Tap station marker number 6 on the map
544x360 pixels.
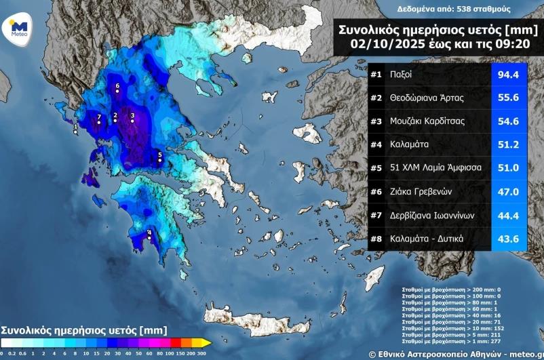pos(117,92)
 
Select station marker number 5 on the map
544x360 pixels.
pos(159,161)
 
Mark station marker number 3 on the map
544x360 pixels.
pos(132,121)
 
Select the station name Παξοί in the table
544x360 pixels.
pos(401,74)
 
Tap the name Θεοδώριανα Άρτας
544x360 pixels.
pos(427,98)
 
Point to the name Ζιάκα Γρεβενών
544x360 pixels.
pos(421,192)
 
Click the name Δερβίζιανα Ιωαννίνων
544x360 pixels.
pos(431,215)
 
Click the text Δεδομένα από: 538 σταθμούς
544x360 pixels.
pos(454,9)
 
